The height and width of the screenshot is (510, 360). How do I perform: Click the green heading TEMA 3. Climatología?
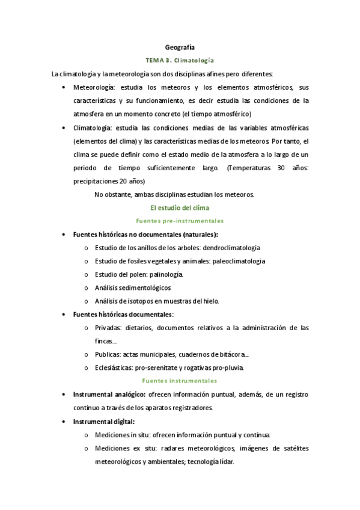180,61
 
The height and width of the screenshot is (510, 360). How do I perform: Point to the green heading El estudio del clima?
180,207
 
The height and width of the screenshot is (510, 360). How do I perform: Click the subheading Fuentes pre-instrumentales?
180,221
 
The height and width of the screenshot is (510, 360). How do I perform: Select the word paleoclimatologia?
239,261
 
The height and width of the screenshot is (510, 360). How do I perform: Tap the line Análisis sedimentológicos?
132,287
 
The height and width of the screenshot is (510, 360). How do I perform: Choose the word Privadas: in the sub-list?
108,328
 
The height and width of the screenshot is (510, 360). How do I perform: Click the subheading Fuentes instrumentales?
180,381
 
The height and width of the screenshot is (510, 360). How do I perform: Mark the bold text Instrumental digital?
103,422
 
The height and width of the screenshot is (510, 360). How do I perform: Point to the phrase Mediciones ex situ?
123,448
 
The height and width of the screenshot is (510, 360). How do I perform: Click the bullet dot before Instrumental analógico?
64,395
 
